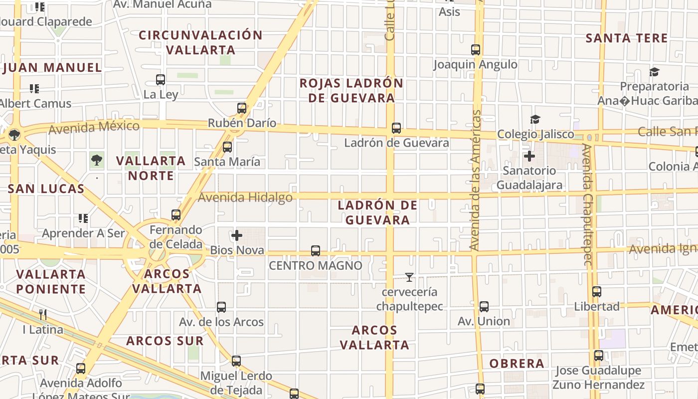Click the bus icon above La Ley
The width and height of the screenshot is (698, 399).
(x=161, y=79)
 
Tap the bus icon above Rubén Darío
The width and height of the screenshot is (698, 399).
(x=242, y=108)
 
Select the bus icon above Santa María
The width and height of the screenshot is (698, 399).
(x=227, y=147)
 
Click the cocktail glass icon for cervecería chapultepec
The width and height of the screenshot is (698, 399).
(x=409, y=277)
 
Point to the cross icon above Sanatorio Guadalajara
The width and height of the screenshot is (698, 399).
(x=529, y=156)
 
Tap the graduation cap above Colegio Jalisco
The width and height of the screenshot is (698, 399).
(x=535, y=119)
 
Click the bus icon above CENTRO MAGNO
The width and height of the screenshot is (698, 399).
(x=316, y=250)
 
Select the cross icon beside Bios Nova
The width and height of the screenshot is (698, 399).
(x=237, y=235)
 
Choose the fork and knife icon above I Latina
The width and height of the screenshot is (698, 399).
(x=43, y=314)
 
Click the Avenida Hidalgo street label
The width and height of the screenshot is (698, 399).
(x=245, y=198)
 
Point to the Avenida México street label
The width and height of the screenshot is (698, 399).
(x=94, y=127)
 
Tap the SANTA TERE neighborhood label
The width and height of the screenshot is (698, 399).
(x=626, y=38)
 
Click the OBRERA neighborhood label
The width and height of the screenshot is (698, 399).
(x=517, y=363)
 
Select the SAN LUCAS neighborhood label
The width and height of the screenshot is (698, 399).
(x=46, y=189)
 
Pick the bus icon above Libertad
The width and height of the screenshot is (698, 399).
(x=596, y=292)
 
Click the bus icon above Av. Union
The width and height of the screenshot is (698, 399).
(x=484, y=307)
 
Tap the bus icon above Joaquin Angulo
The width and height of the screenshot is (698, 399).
(x=476, y=50)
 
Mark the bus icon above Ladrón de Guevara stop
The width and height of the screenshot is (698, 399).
(x=396, y=128)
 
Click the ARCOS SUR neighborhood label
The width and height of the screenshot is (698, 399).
(x=165, y=341)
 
